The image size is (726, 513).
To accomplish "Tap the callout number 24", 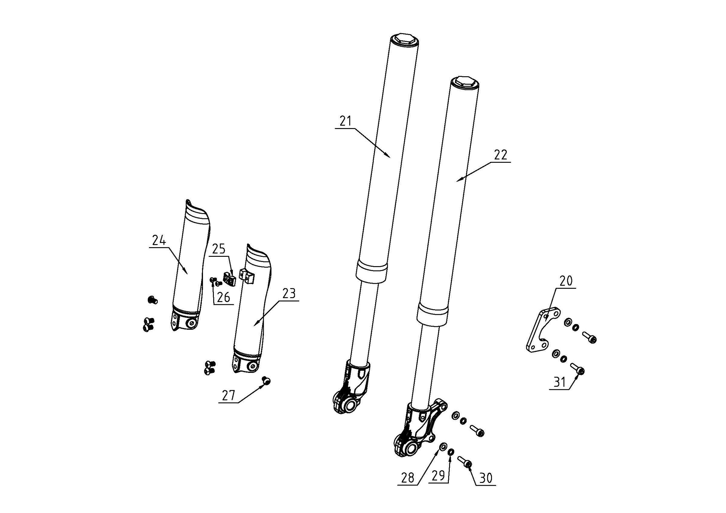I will point(159,241).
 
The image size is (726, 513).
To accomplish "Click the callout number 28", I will point(408,478).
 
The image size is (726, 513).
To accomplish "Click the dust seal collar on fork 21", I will point(372,271).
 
